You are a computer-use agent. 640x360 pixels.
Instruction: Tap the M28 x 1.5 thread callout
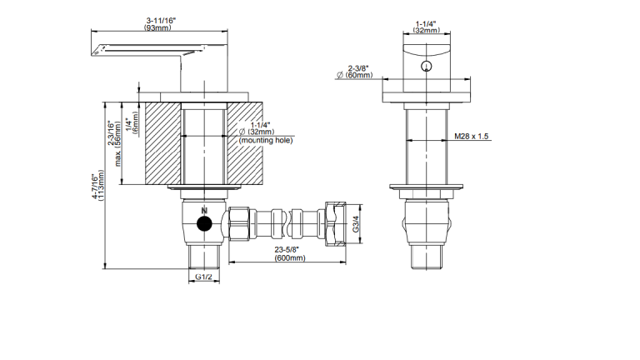pyautogui.click(x=472, y=137)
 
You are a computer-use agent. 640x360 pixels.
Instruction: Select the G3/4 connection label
pyautogui.click(x=356, y=224)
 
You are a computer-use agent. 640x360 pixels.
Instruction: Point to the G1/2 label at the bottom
pyautogui.click(x=203, y=277)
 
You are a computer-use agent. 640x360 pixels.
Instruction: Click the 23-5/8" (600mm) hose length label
pyautogui.click(x=289, y=253)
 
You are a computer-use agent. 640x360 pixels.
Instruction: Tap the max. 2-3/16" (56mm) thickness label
pyautogui.click(x=114, y=142)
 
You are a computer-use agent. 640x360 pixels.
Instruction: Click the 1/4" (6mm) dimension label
pyautogui.click(x=132, y=122)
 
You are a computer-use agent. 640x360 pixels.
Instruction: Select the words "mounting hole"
pyautogui.click(x=266, y=140)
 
